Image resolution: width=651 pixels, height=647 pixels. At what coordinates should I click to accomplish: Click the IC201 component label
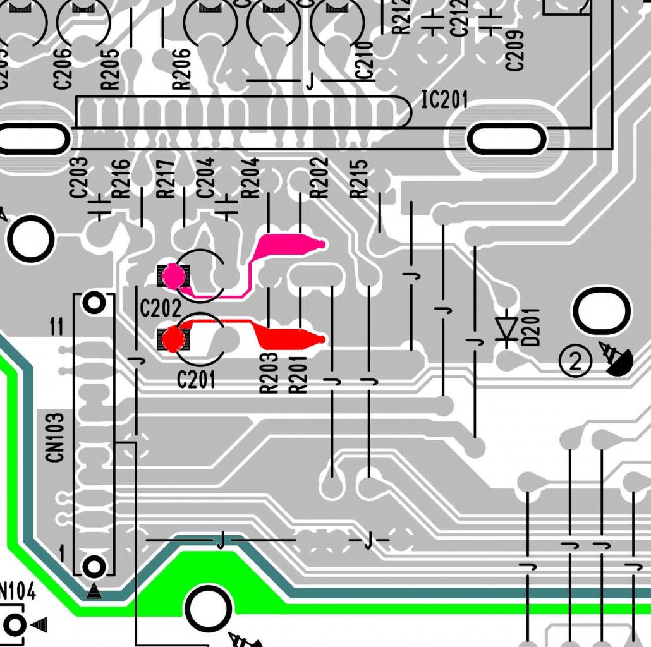(445, 99)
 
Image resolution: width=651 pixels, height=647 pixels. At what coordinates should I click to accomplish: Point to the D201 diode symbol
(506, 329)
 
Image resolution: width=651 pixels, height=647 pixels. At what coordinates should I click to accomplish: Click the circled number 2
(575, 362)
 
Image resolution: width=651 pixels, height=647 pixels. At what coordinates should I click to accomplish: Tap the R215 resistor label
(359, 178)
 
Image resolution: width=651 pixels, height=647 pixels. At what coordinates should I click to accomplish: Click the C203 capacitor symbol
(99, 207)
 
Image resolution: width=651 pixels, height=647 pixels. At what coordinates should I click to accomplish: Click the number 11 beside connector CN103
(56, 327)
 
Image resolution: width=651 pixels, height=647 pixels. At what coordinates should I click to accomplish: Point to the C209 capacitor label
(514, 50)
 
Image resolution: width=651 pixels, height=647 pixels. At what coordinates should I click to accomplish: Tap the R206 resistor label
(181, 69)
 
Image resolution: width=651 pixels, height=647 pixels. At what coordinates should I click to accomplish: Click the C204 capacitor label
(206, 178)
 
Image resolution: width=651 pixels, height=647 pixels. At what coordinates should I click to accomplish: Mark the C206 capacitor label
(63, 69)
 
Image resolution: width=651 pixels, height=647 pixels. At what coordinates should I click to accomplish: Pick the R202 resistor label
(320, 178)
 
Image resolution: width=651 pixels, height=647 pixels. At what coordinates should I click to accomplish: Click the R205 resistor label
(110, 69)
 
